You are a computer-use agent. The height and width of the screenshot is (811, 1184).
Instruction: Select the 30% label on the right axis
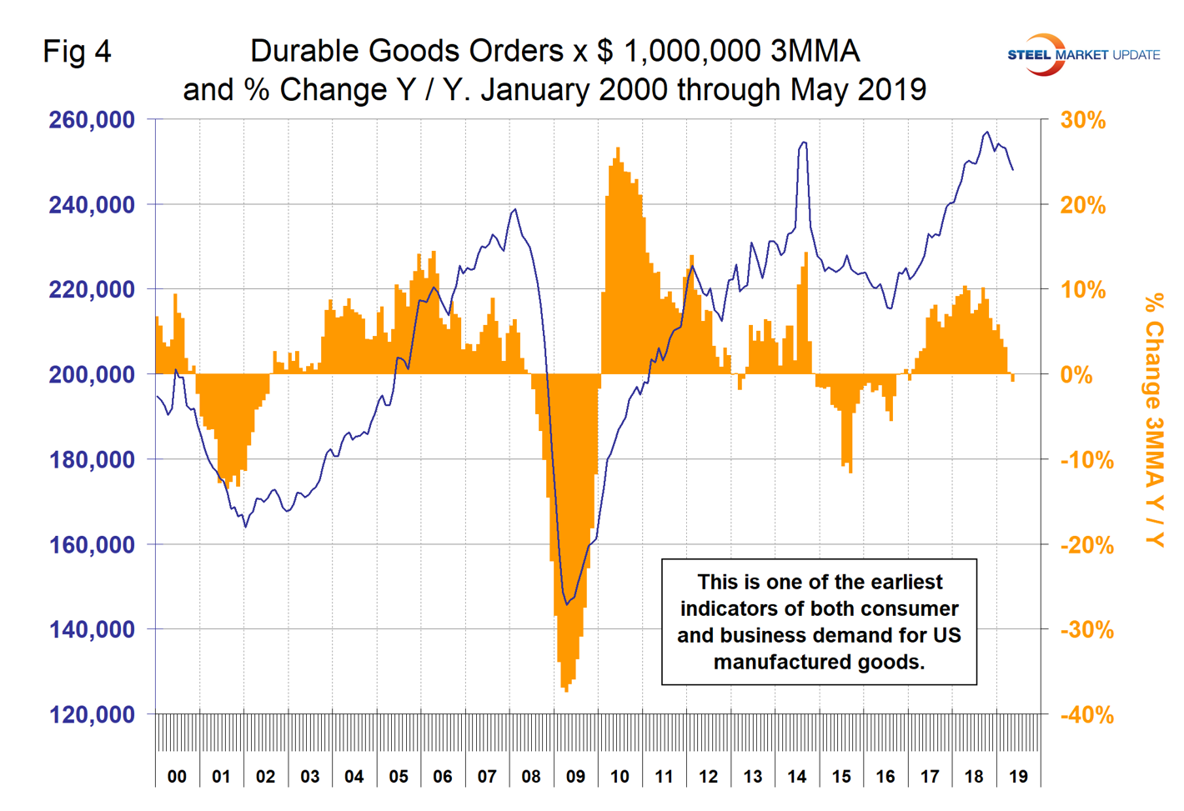click(x=1082, y=121)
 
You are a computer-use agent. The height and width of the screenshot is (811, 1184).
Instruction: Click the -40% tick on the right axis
click(x=1086, y=715)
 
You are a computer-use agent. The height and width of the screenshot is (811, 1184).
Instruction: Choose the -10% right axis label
click(x=1086, y=460)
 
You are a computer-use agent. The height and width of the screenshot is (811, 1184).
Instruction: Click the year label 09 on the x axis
click(x=575, y=777)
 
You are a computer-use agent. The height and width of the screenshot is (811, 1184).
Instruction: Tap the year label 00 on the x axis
click(x=177, y=777)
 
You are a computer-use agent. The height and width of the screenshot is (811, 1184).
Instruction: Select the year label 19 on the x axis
click(x=1018, y=777)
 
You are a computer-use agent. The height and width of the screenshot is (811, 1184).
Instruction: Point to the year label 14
click(x=797, y=777)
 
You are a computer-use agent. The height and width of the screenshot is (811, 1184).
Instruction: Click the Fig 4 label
click(x=77, y=52)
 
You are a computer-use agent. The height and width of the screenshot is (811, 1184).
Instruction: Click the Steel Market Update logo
click(x=1082, y=55)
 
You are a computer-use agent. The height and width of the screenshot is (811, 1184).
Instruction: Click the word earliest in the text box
click(x=905, y=582)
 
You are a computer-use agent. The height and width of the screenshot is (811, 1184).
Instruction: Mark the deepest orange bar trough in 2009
click(x=566, y=688)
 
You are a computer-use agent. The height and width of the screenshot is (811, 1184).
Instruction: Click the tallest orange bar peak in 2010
click(x=618, y=150)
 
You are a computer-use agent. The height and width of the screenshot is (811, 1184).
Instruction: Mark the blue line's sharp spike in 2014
click(x=803, y=143)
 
